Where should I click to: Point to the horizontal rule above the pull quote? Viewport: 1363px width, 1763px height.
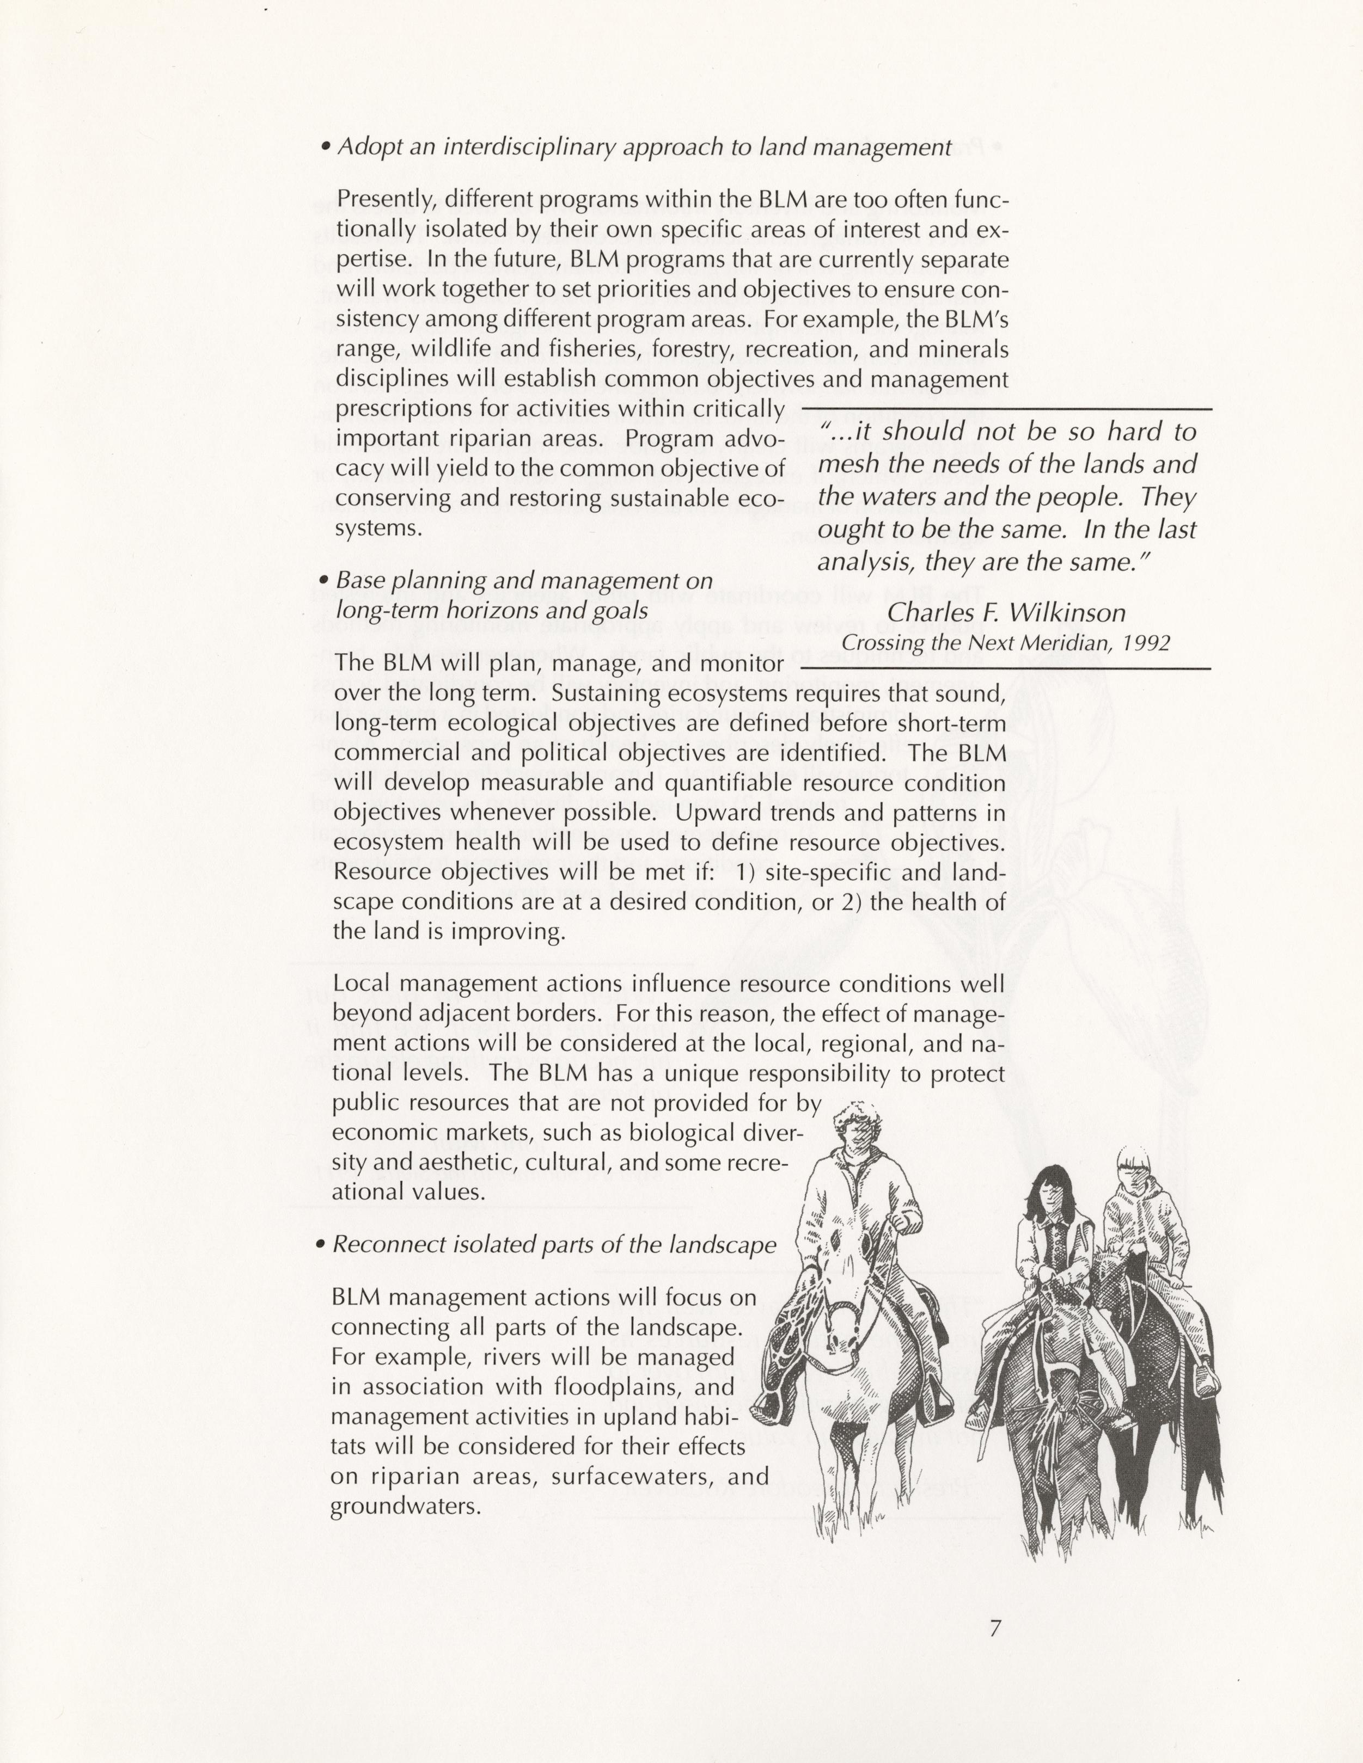[1005, 411]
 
